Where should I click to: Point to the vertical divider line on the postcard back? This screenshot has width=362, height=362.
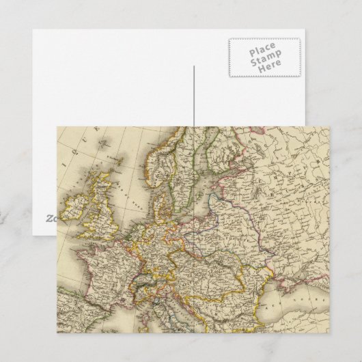(193, 96)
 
